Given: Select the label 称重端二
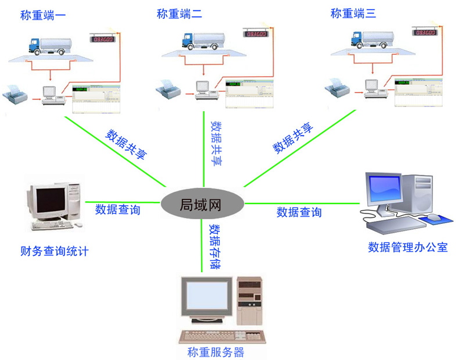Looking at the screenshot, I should coord(180,15).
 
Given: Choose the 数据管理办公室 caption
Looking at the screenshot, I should coord(408,247).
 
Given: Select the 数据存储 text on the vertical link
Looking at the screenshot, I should coord(214,246).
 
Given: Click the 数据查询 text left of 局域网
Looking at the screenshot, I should coord(118,210).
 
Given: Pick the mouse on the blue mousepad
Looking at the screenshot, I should coord(435,217).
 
